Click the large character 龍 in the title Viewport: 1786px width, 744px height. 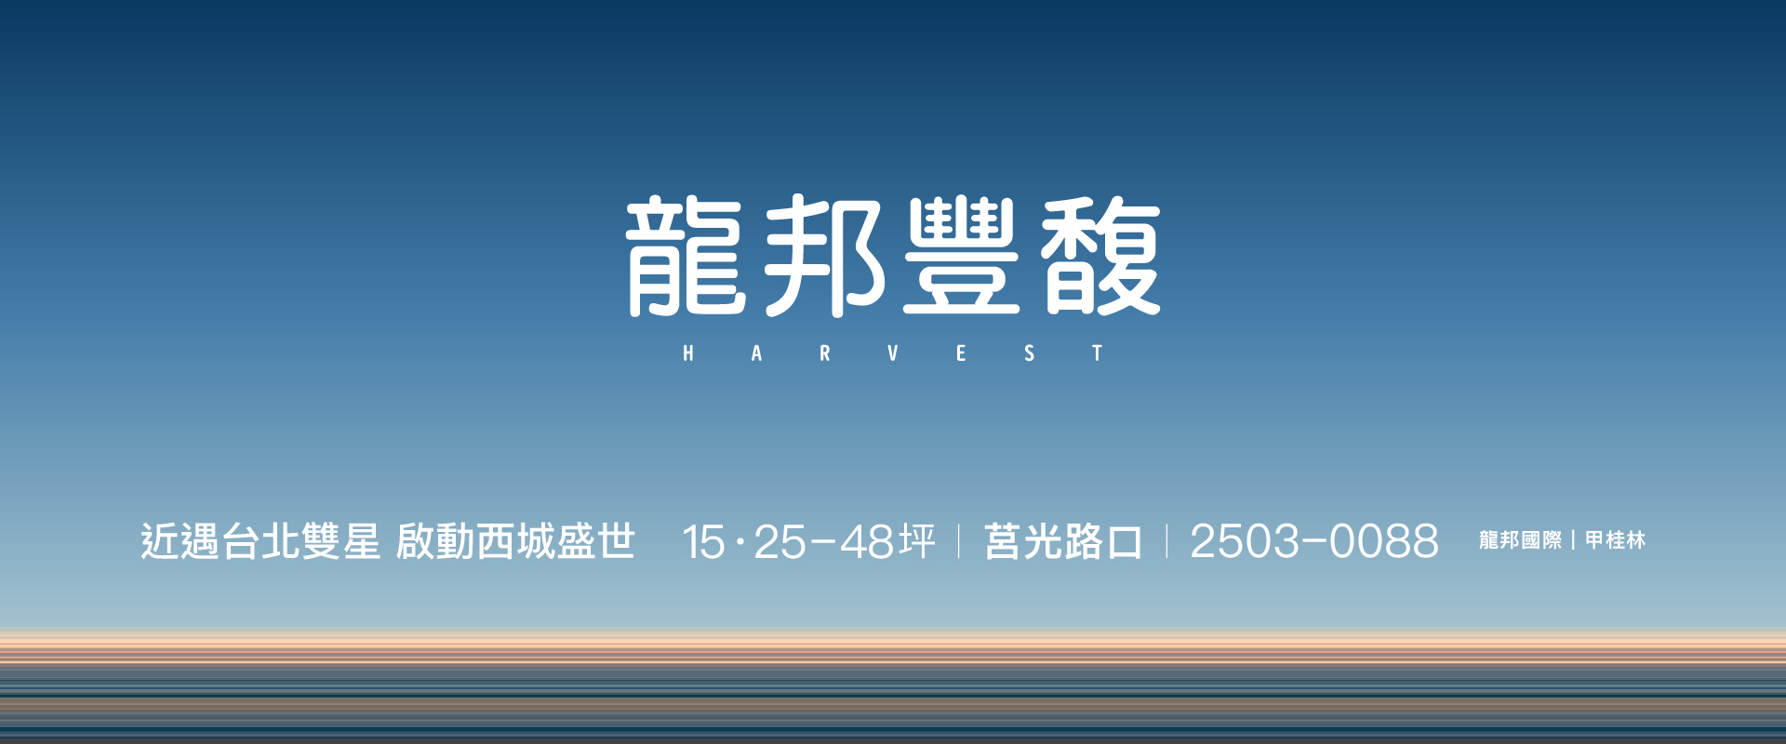click(x=686, y=256)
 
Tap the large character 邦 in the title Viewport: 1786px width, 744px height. click(x=823, y=256)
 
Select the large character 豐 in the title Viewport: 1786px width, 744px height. click(x=962, y=256)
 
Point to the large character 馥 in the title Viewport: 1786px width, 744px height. click(x=1100, y=256)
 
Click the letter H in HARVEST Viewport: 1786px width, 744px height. click(x=688, y=353)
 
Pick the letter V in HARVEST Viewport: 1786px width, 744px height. click(x=893, y=353)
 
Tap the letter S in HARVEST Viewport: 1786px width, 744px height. click(x=1030, y=353)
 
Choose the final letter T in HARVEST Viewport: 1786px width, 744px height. click(x=1098, y=353)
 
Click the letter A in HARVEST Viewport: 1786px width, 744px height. click(x=756, y=353)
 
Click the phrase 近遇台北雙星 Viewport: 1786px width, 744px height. click(x=260, y=541)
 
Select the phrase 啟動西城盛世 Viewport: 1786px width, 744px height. click(x=516, y=541)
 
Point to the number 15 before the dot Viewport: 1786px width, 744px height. click(x=703, y=542)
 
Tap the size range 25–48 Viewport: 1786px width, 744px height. click(x=824, y=542)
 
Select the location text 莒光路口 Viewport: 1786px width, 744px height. click(x=1063, y=541)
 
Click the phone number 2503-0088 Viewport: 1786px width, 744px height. click(x=1314, y=542)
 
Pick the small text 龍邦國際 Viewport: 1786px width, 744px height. click(x=1521, y=540)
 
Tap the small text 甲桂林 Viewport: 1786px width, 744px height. click(x=1616, y=540)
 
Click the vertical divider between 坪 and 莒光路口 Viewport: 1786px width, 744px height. click(x=959, y=541)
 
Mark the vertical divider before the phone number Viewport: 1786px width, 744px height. click(x=1167, y=541)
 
